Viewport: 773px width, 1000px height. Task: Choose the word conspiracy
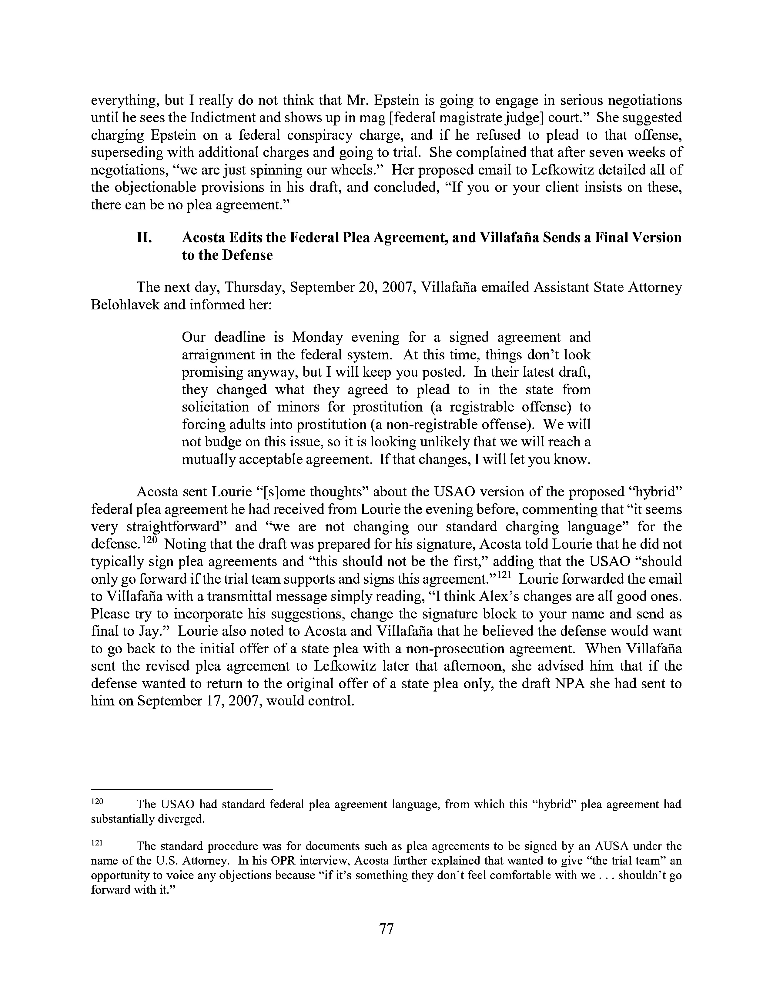coord(320,135)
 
